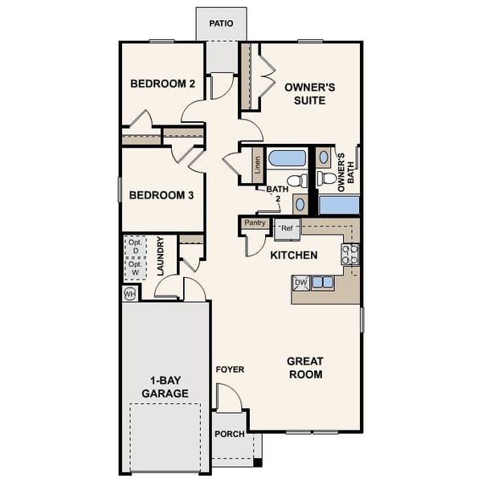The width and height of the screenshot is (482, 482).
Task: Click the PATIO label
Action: (x=221, y=23)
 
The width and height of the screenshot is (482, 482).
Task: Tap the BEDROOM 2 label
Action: (x=163, y=84)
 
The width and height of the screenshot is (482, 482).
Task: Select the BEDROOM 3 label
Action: (x=161, y=194)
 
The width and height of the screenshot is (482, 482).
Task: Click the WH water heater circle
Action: (x=129, y=294)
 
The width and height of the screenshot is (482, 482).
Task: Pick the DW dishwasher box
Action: (x=301, y=282)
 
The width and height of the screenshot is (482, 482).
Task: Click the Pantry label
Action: (x=255, y=223)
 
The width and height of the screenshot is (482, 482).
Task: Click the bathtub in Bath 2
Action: (x=287, y=157)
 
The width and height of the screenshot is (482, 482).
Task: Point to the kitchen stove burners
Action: (x=350, y=254)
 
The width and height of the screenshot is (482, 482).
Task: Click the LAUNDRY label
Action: (x=161, y=256)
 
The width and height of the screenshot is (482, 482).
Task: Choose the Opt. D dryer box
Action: (x=135, y=247)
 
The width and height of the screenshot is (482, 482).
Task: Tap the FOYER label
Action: (x=230, y=370)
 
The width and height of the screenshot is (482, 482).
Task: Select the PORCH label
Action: (x=230, y=434)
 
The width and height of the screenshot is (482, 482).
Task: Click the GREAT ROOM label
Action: (x=304, y=368)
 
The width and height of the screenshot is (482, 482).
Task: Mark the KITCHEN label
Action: (x=293, y=255)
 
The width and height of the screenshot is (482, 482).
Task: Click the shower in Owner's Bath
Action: (x=338, y=204)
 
